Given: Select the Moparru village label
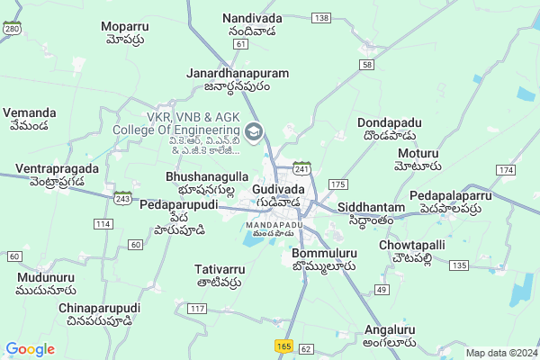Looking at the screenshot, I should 124,25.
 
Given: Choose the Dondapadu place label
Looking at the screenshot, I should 389,122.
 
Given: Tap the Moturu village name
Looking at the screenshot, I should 418,152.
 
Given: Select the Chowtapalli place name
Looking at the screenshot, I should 412,245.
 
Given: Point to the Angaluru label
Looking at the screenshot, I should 391,329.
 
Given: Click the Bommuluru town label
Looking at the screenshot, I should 325,254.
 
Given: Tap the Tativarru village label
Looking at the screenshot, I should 220,269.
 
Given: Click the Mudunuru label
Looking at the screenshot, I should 46,277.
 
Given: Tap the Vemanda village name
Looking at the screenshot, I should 30,113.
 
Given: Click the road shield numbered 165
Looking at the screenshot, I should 284,346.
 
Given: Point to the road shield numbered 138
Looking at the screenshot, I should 321,18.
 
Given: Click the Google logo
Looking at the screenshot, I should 30,349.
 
